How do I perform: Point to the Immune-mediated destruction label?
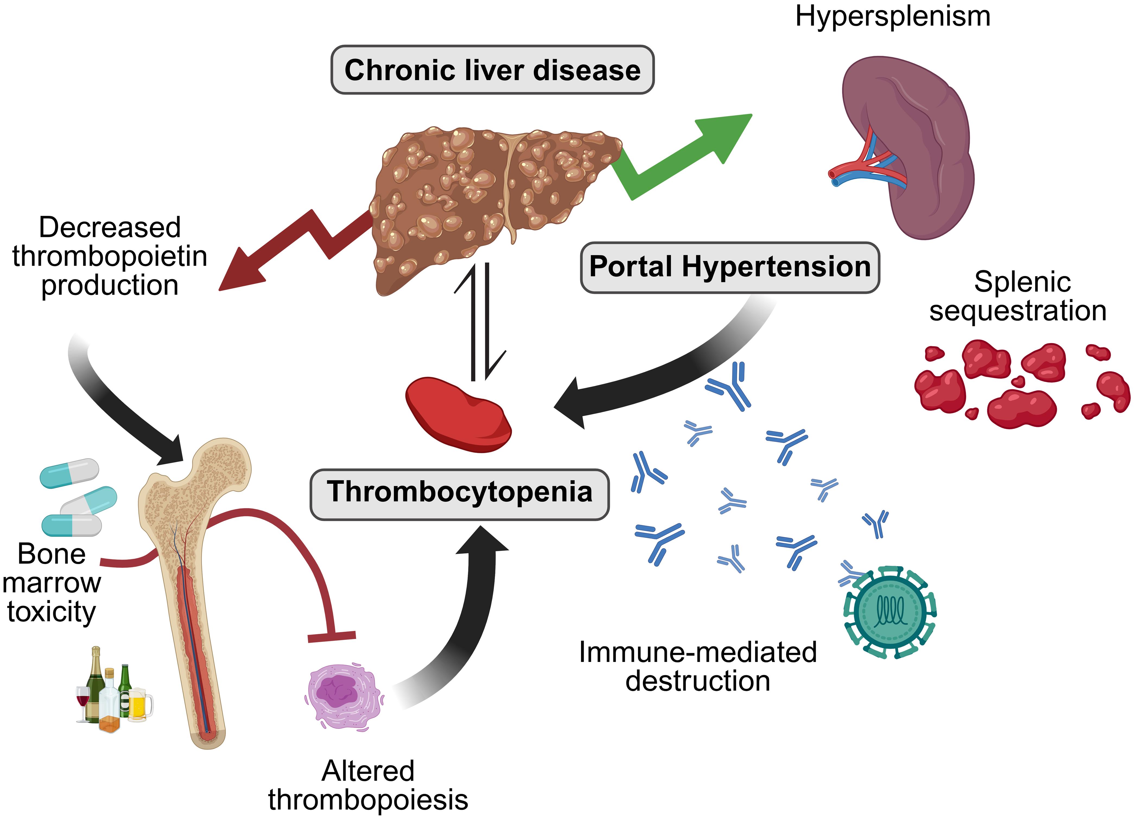(697, 666)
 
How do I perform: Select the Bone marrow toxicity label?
(52, 583)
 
